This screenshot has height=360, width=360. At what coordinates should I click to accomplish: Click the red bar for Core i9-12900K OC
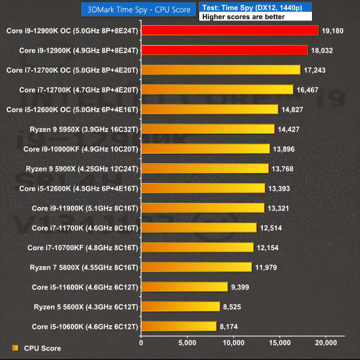(229, 30)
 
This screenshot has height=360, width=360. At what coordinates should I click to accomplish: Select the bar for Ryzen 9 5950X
(207, 129)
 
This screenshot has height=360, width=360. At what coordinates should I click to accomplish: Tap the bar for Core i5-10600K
(178, 326)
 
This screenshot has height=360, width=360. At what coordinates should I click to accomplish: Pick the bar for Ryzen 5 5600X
(180, 307)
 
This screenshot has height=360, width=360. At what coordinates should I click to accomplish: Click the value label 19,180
(332, 30)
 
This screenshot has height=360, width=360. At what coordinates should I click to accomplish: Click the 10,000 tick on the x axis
(233, 343)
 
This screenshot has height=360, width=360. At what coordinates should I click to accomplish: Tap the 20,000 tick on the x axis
(326, 343)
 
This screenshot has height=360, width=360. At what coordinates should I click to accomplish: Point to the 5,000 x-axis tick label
(187, 343)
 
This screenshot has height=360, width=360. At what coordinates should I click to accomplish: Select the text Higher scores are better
(238, 17)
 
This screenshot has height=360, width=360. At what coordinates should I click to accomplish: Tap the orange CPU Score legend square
(15, 348)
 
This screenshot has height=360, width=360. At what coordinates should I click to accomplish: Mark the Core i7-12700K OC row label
(72, 70)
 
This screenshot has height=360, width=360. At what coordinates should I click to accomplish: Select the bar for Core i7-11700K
(199, 228)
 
